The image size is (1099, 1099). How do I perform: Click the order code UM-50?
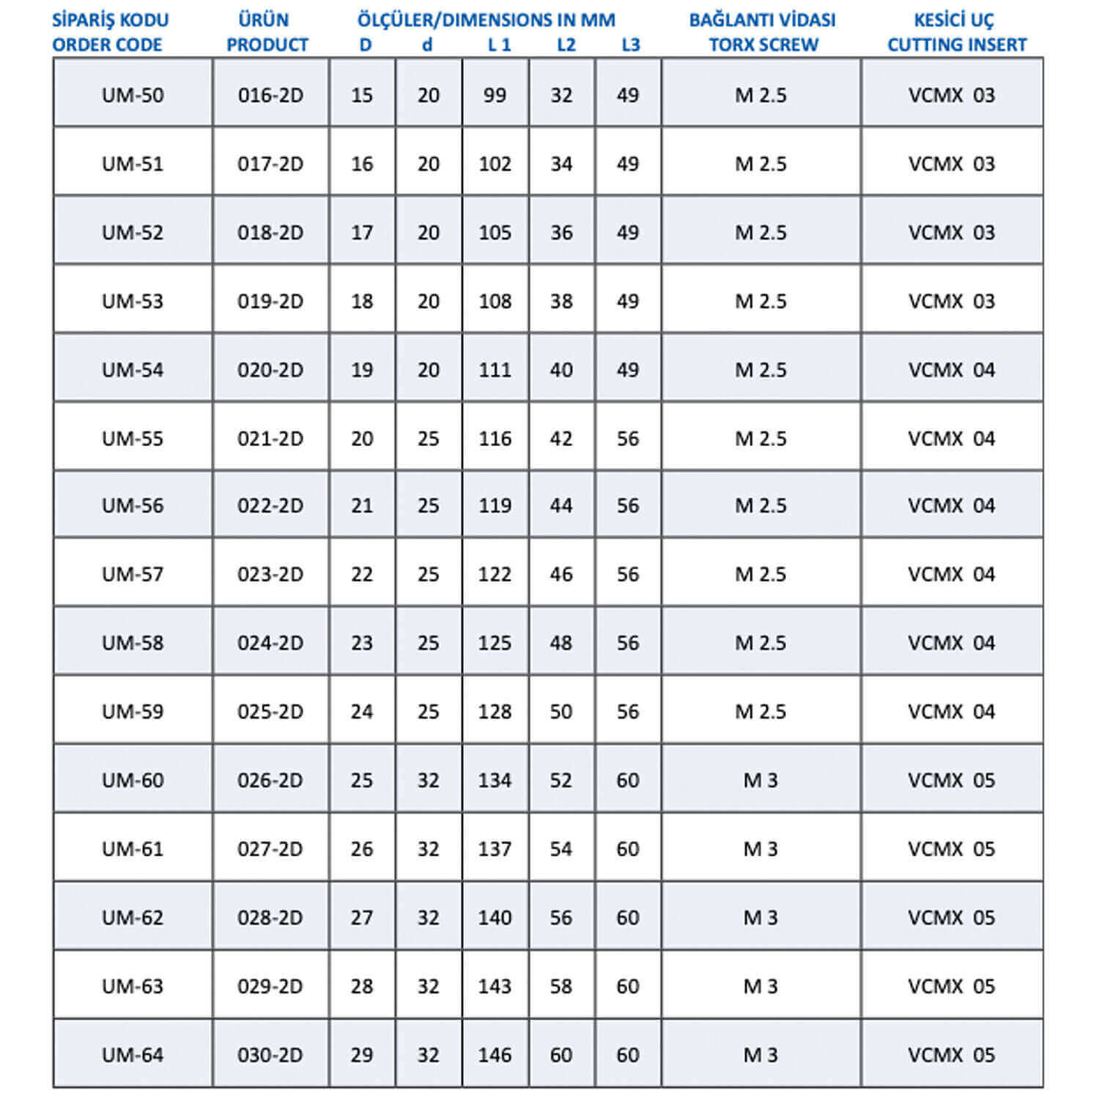click(133, 95)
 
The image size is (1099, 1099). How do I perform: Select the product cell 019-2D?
click(270, 301)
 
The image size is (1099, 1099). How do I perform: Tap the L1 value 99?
click(495, 95)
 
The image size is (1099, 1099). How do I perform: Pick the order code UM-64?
click(133, 1055)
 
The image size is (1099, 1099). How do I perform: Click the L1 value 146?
click(495, 1055)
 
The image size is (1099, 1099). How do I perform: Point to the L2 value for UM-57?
click(561, 574)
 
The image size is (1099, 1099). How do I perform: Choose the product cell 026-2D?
click(270, 780)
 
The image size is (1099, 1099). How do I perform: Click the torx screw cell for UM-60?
click(761, 780)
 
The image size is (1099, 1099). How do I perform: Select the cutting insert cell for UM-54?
click(952, 370)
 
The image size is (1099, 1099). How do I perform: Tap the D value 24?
click(362, 711)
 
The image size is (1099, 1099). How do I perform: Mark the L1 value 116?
click(495, 439)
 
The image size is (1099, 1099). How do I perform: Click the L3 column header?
click(630, 45)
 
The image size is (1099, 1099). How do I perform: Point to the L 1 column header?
click(499, 45)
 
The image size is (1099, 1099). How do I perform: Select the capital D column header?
click(365, 45)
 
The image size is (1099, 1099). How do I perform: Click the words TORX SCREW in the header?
click(763, 45)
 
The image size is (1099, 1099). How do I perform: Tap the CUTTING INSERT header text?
click(956, 45)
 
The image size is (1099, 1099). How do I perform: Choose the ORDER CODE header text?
click(107, 45)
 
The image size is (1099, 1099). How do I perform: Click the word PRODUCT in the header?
click(267, 45)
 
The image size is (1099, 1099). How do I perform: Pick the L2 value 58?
click(561, 986)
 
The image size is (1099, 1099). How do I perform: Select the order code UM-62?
click(133, 917)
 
